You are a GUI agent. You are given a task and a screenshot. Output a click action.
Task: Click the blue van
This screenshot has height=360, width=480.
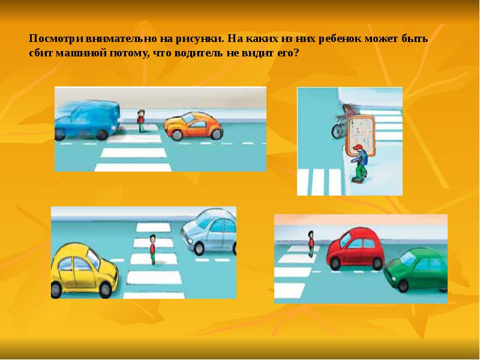click(x=87, y=120)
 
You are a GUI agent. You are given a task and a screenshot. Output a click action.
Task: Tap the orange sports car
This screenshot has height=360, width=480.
click(x=193, y=125)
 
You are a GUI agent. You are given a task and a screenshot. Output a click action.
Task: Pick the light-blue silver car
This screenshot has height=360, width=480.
click(x=209, y=232)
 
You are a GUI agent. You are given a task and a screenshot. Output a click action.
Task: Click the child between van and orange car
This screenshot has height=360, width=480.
click(x=141, y=121)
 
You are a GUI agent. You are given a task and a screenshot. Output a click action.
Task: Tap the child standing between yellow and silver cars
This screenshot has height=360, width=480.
click(x=152, y=249)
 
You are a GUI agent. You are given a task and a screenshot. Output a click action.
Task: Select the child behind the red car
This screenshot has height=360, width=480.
click(x=311, y=244)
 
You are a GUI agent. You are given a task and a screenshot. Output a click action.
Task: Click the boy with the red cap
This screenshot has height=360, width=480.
click(x=359, y=163)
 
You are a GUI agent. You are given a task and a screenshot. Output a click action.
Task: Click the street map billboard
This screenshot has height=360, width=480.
click(x=360, y=134)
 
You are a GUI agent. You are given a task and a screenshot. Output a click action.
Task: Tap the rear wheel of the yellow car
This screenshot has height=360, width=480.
click(x=56, y=290)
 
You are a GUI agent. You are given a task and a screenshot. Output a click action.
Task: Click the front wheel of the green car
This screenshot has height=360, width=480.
click(x=403, y=286)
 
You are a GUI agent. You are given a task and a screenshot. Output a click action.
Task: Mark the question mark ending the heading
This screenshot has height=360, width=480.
click(x=296, y=53)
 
